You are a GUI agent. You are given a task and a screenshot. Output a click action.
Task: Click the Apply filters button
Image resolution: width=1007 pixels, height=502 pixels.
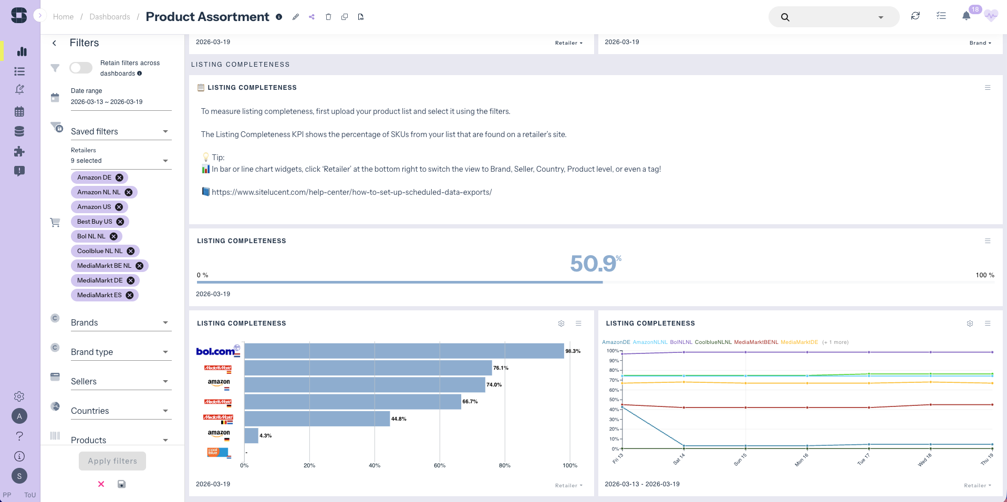tap(112, 461)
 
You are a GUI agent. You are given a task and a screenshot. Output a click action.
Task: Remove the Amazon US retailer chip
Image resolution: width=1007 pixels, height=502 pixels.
tap(119, 207)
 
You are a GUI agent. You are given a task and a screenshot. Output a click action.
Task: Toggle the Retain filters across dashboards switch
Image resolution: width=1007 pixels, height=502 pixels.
tap(81, 68)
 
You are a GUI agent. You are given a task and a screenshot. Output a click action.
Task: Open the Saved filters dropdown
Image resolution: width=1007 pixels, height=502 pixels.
tap(121, 131)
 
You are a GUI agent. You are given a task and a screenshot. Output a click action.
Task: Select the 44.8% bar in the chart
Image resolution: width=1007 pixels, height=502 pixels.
tap(317, 419)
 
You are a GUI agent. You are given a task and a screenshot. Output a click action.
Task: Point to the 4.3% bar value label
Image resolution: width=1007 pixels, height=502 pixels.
tap(266, 436)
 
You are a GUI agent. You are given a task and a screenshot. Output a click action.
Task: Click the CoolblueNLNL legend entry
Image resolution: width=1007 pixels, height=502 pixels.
tap(713, 342)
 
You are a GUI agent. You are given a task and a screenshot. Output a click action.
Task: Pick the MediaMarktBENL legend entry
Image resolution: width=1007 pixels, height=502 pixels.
tap(756, 342)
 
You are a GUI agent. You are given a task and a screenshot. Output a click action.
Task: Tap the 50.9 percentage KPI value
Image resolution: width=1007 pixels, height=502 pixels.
tap(594, 264)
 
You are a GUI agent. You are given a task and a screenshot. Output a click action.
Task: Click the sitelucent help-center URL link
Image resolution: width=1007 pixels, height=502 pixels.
tap(351, 192)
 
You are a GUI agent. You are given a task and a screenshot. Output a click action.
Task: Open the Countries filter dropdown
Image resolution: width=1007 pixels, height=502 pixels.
tap(121, 411)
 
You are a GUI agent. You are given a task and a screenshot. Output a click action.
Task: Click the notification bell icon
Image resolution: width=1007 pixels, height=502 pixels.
tap(966, 16)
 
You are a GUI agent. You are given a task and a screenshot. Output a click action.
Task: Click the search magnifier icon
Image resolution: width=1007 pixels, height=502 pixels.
tap(785, 17)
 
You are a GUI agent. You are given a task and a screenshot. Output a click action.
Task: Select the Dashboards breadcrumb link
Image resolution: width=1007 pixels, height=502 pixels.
tap(110, 17)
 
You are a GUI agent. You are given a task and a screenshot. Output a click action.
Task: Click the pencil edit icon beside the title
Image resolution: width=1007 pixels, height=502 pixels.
tap(296, 17)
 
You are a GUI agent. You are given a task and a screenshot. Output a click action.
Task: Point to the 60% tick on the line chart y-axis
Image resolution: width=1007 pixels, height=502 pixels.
tap(614, 390)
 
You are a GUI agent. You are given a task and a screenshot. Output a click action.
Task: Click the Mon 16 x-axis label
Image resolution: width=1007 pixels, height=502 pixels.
tap(801, 460)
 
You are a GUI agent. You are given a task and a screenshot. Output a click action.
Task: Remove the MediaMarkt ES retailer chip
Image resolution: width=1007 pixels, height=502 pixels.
tap(130, 295)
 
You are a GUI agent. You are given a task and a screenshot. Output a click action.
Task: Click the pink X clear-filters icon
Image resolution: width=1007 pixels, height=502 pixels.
tap(101, 484)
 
